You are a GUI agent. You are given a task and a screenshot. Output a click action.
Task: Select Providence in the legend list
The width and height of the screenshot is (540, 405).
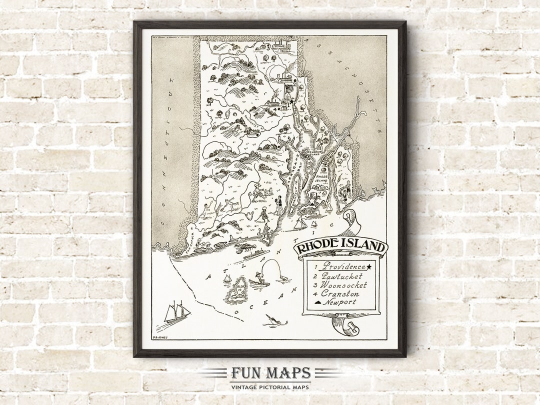coord(343,266)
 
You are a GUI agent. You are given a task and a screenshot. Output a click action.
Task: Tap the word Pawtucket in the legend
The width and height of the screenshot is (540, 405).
coord(343,276)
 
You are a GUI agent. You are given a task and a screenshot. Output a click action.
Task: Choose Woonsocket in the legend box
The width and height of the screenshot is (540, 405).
coord(345,285)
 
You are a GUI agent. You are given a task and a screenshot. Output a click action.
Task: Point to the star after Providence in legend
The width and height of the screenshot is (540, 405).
coord(370,266)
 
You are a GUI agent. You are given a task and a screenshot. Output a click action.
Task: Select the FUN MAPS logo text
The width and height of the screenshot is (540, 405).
coord(270,373)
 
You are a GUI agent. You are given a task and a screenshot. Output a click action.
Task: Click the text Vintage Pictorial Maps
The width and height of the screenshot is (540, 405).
coord(270,386)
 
